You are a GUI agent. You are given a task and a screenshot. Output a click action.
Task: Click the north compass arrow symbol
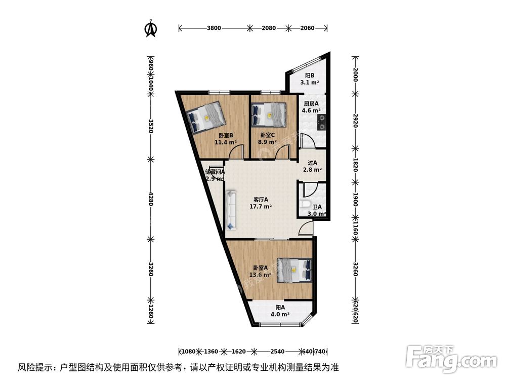click(150, 28)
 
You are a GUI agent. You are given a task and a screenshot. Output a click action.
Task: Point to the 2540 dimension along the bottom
click(277, 351)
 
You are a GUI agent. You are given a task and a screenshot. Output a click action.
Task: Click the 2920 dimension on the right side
click(355, 121)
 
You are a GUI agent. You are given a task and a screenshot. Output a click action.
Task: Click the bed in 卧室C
click(269, 115)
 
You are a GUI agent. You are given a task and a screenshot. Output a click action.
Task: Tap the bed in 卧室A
click(294, 270)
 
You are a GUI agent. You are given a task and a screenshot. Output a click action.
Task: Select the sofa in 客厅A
click(232, 209)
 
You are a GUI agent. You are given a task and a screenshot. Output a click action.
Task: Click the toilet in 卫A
click(305, 206)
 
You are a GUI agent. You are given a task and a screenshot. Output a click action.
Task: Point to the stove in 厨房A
click(321, 121)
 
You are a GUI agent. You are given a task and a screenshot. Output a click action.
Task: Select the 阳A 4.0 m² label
click(281, 311)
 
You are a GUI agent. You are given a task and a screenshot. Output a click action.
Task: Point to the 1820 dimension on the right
click(355, 165)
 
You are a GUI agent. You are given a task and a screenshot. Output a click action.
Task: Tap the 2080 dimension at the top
click(269, 28)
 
